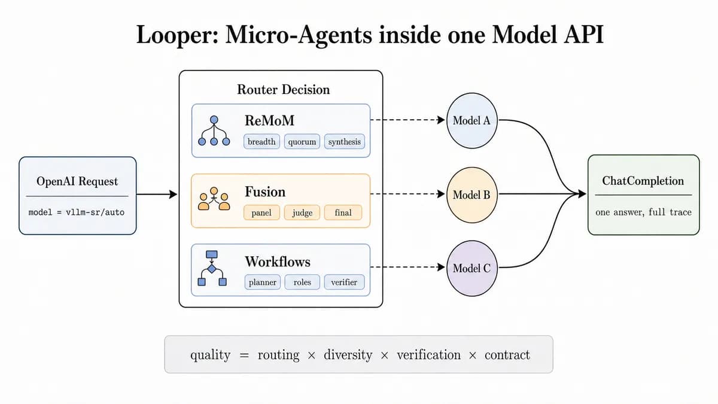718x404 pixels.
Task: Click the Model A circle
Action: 471,120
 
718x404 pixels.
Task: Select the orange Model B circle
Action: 471,195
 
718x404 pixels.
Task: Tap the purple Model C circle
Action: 471,268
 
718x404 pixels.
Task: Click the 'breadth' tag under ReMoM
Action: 261,141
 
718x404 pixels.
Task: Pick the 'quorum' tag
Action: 302,141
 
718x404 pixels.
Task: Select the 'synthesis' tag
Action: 344,141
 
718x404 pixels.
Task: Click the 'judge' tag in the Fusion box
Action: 302,212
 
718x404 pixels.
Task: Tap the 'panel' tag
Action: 261,212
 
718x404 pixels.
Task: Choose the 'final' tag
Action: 343,212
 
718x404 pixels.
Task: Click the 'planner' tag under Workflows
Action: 263,282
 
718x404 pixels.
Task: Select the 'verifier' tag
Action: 344,282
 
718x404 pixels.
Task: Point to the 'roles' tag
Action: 302,282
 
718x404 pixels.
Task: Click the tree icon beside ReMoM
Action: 214,131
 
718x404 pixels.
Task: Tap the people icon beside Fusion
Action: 214,199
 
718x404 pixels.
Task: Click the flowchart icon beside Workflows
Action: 212,268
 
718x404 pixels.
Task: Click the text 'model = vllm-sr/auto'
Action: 77,212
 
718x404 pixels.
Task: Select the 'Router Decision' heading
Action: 284,89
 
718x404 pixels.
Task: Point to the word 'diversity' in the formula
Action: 348,355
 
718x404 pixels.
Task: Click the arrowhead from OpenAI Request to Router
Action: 173,195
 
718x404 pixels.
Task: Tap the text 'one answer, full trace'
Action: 643,212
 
